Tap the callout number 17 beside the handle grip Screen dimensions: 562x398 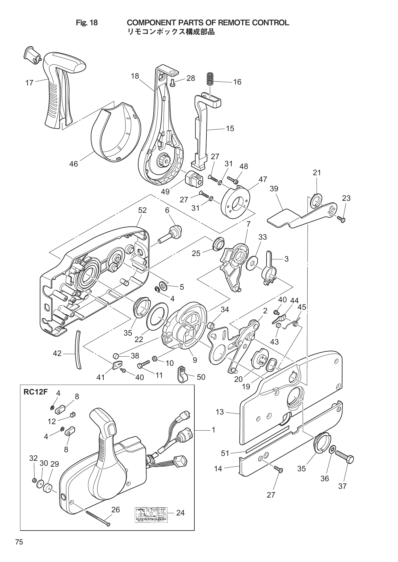pos(29,83)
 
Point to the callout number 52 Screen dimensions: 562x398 pos(142,210)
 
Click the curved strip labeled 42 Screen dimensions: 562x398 pos(79,349)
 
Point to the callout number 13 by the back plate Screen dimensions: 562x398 pos(219,412)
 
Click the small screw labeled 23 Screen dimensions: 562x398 pos(342,219)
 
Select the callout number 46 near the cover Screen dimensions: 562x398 pos(73,164)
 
